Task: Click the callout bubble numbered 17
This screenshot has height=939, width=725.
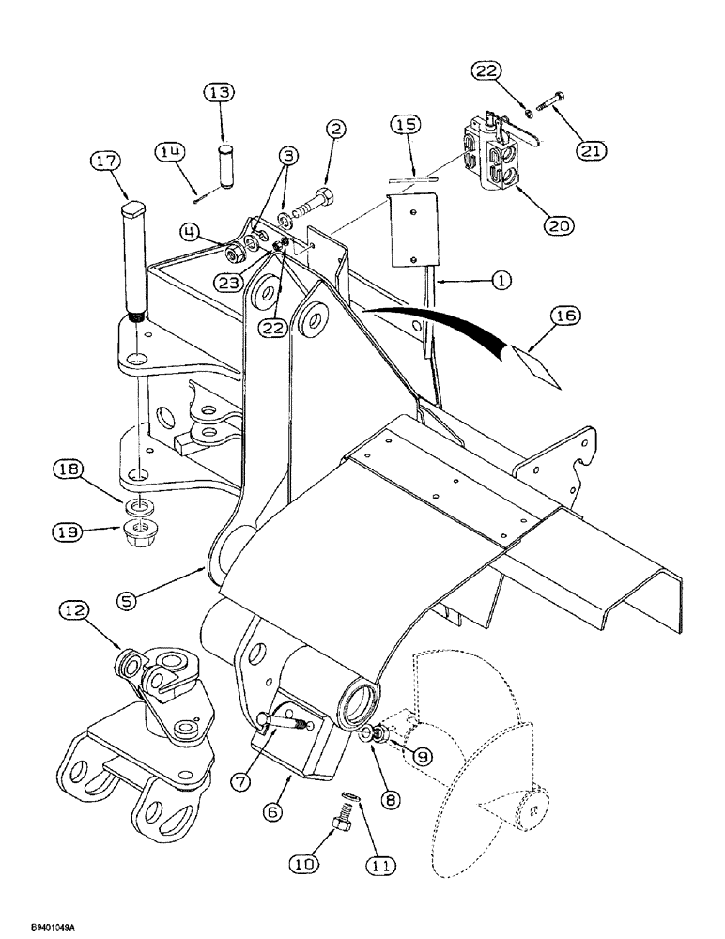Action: (106, 162)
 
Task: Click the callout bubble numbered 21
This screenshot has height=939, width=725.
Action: (593, 149)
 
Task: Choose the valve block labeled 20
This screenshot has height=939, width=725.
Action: (487, 160)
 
